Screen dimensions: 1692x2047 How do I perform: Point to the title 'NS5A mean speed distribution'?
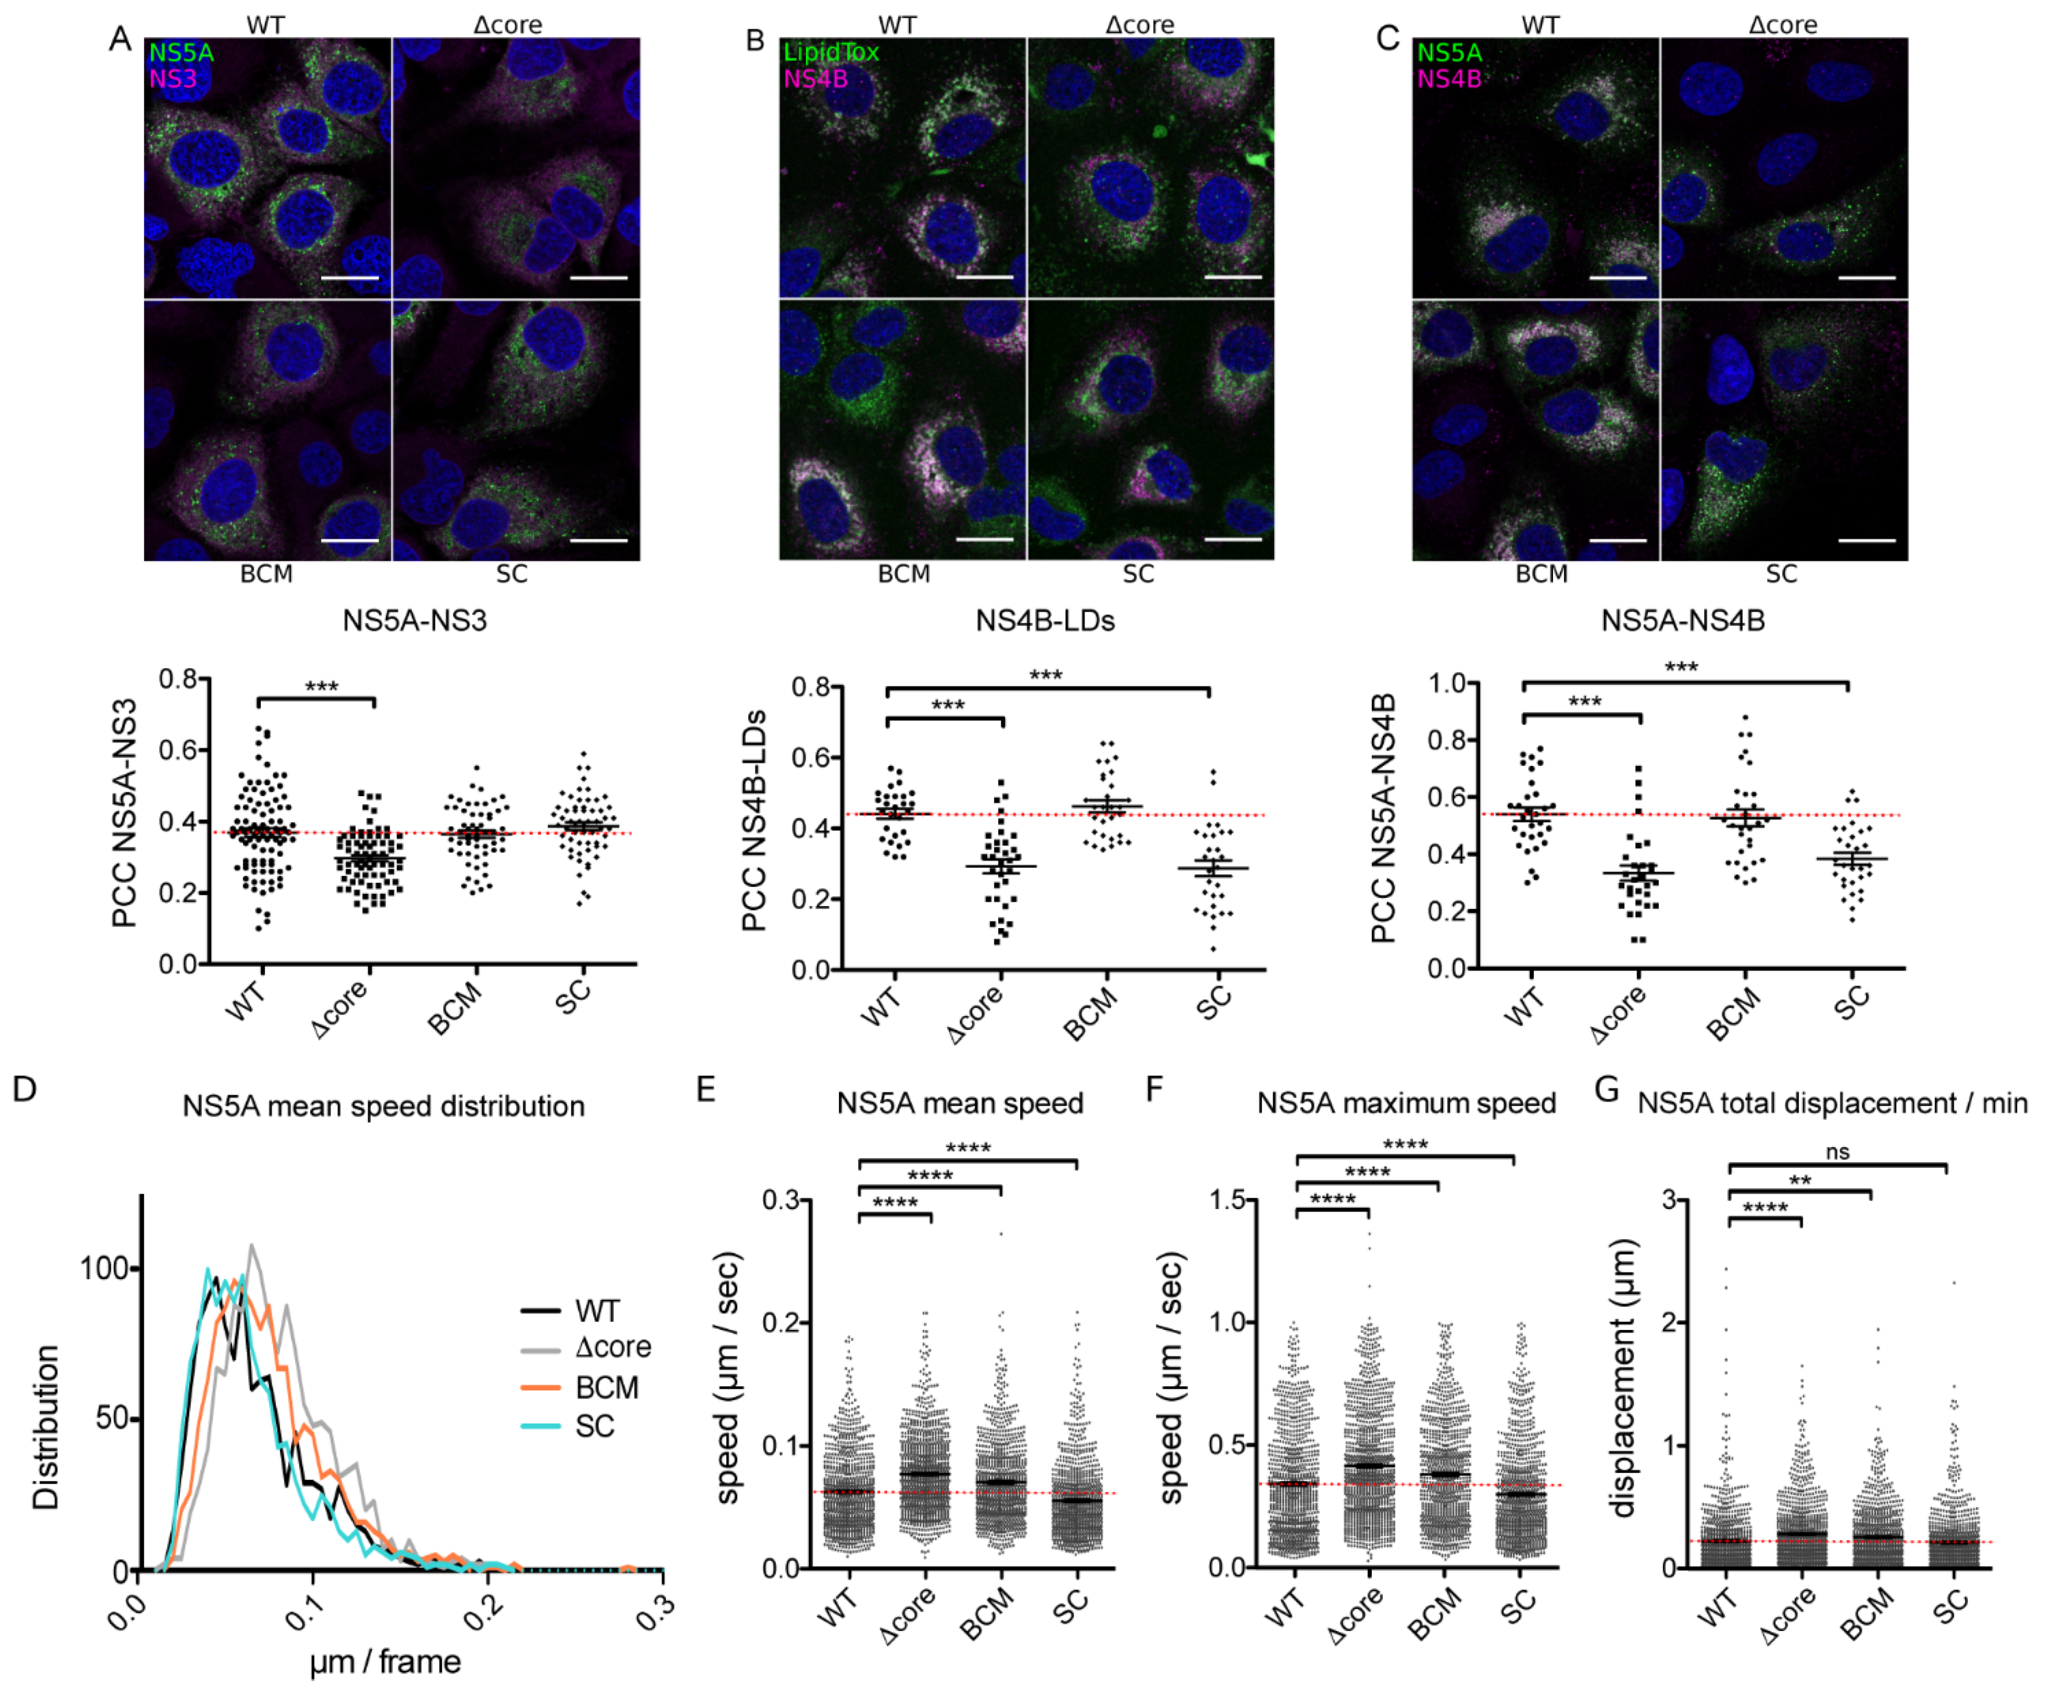click(x=383, y=1106)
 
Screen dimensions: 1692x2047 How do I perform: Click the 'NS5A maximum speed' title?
click(x=1406, y=1103)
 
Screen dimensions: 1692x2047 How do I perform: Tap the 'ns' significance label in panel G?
click(x=1838, y=1152)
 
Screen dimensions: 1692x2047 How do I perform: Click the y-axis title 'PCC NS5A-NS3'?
click(x=124, y=814)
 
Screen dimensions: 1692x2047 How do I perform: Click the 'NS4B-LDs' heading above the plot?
click(x=1045, y=621)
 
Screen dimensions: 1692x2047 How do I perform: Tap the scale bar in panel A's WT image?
click(x=349, y=278)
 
